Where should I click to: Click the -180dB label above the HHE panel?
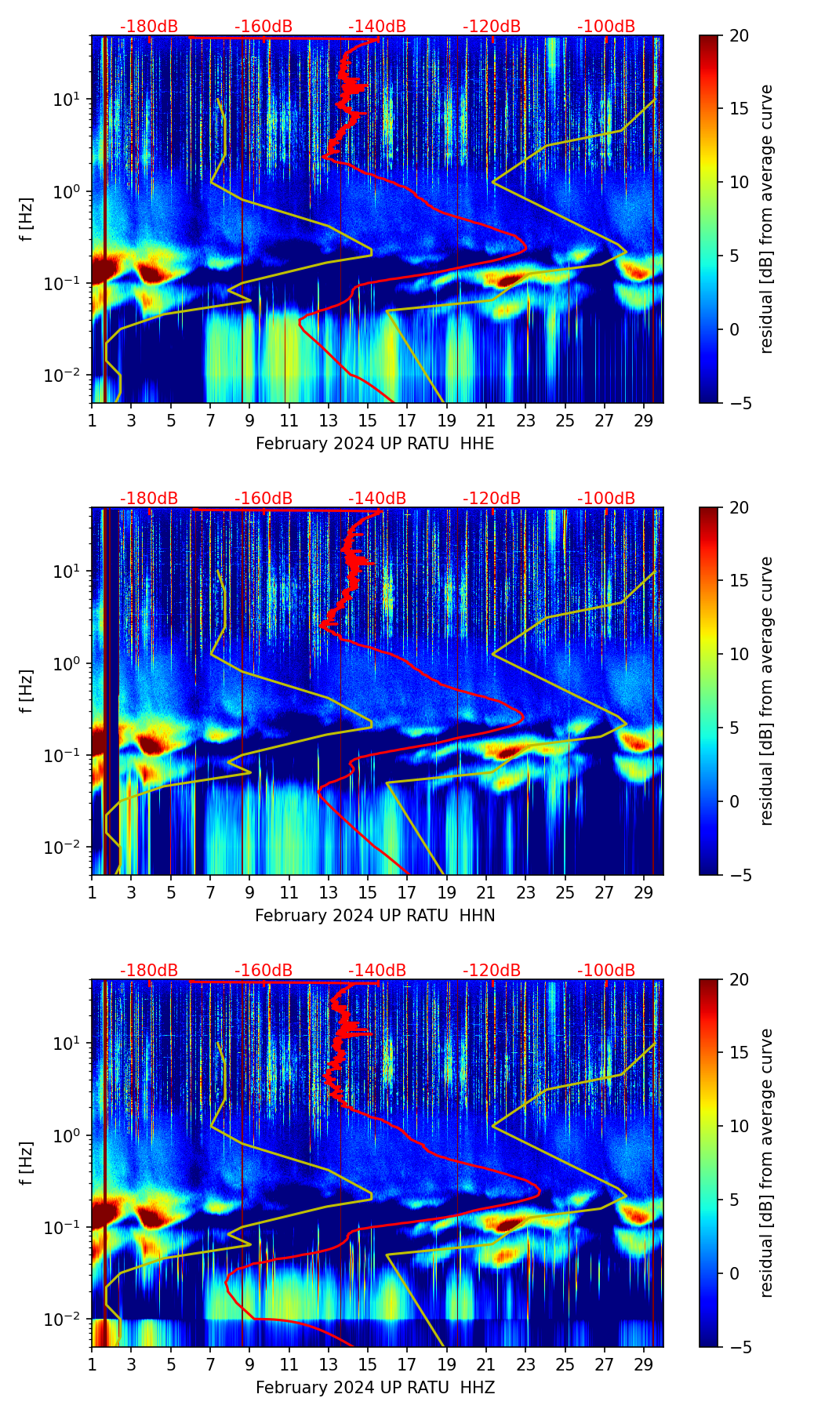(149, 27)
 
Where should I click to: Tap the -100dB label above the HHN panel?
(606, 499)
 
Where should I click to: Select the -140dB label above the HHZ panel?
(377, 971)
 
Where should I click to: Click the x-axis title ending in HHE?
(375, 444)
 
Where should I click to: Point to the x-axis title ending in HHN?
(375, 916)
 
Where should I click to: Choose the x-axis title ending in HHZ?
(375, 1388)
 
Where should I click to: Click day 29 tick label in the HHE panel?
(644, 421)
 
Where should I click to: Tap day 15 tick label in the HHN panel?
(368, 893)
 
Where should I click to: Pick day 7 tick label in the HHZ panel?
(210, 1365)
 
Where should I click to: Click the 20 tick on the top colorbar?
(740, 35)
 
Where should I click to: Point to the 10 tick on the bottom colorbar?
(740, 1126)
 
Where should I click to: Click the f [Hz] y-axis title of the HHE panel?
(27, 220)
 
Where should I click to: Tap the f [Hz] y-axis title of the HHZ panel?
(27, 1164)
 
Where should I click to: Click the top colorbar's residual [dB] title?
(766, 220)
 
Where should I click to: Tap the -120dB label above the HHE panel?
(492, 27)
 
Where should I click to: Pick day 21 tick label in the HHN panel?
(486, 893)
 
